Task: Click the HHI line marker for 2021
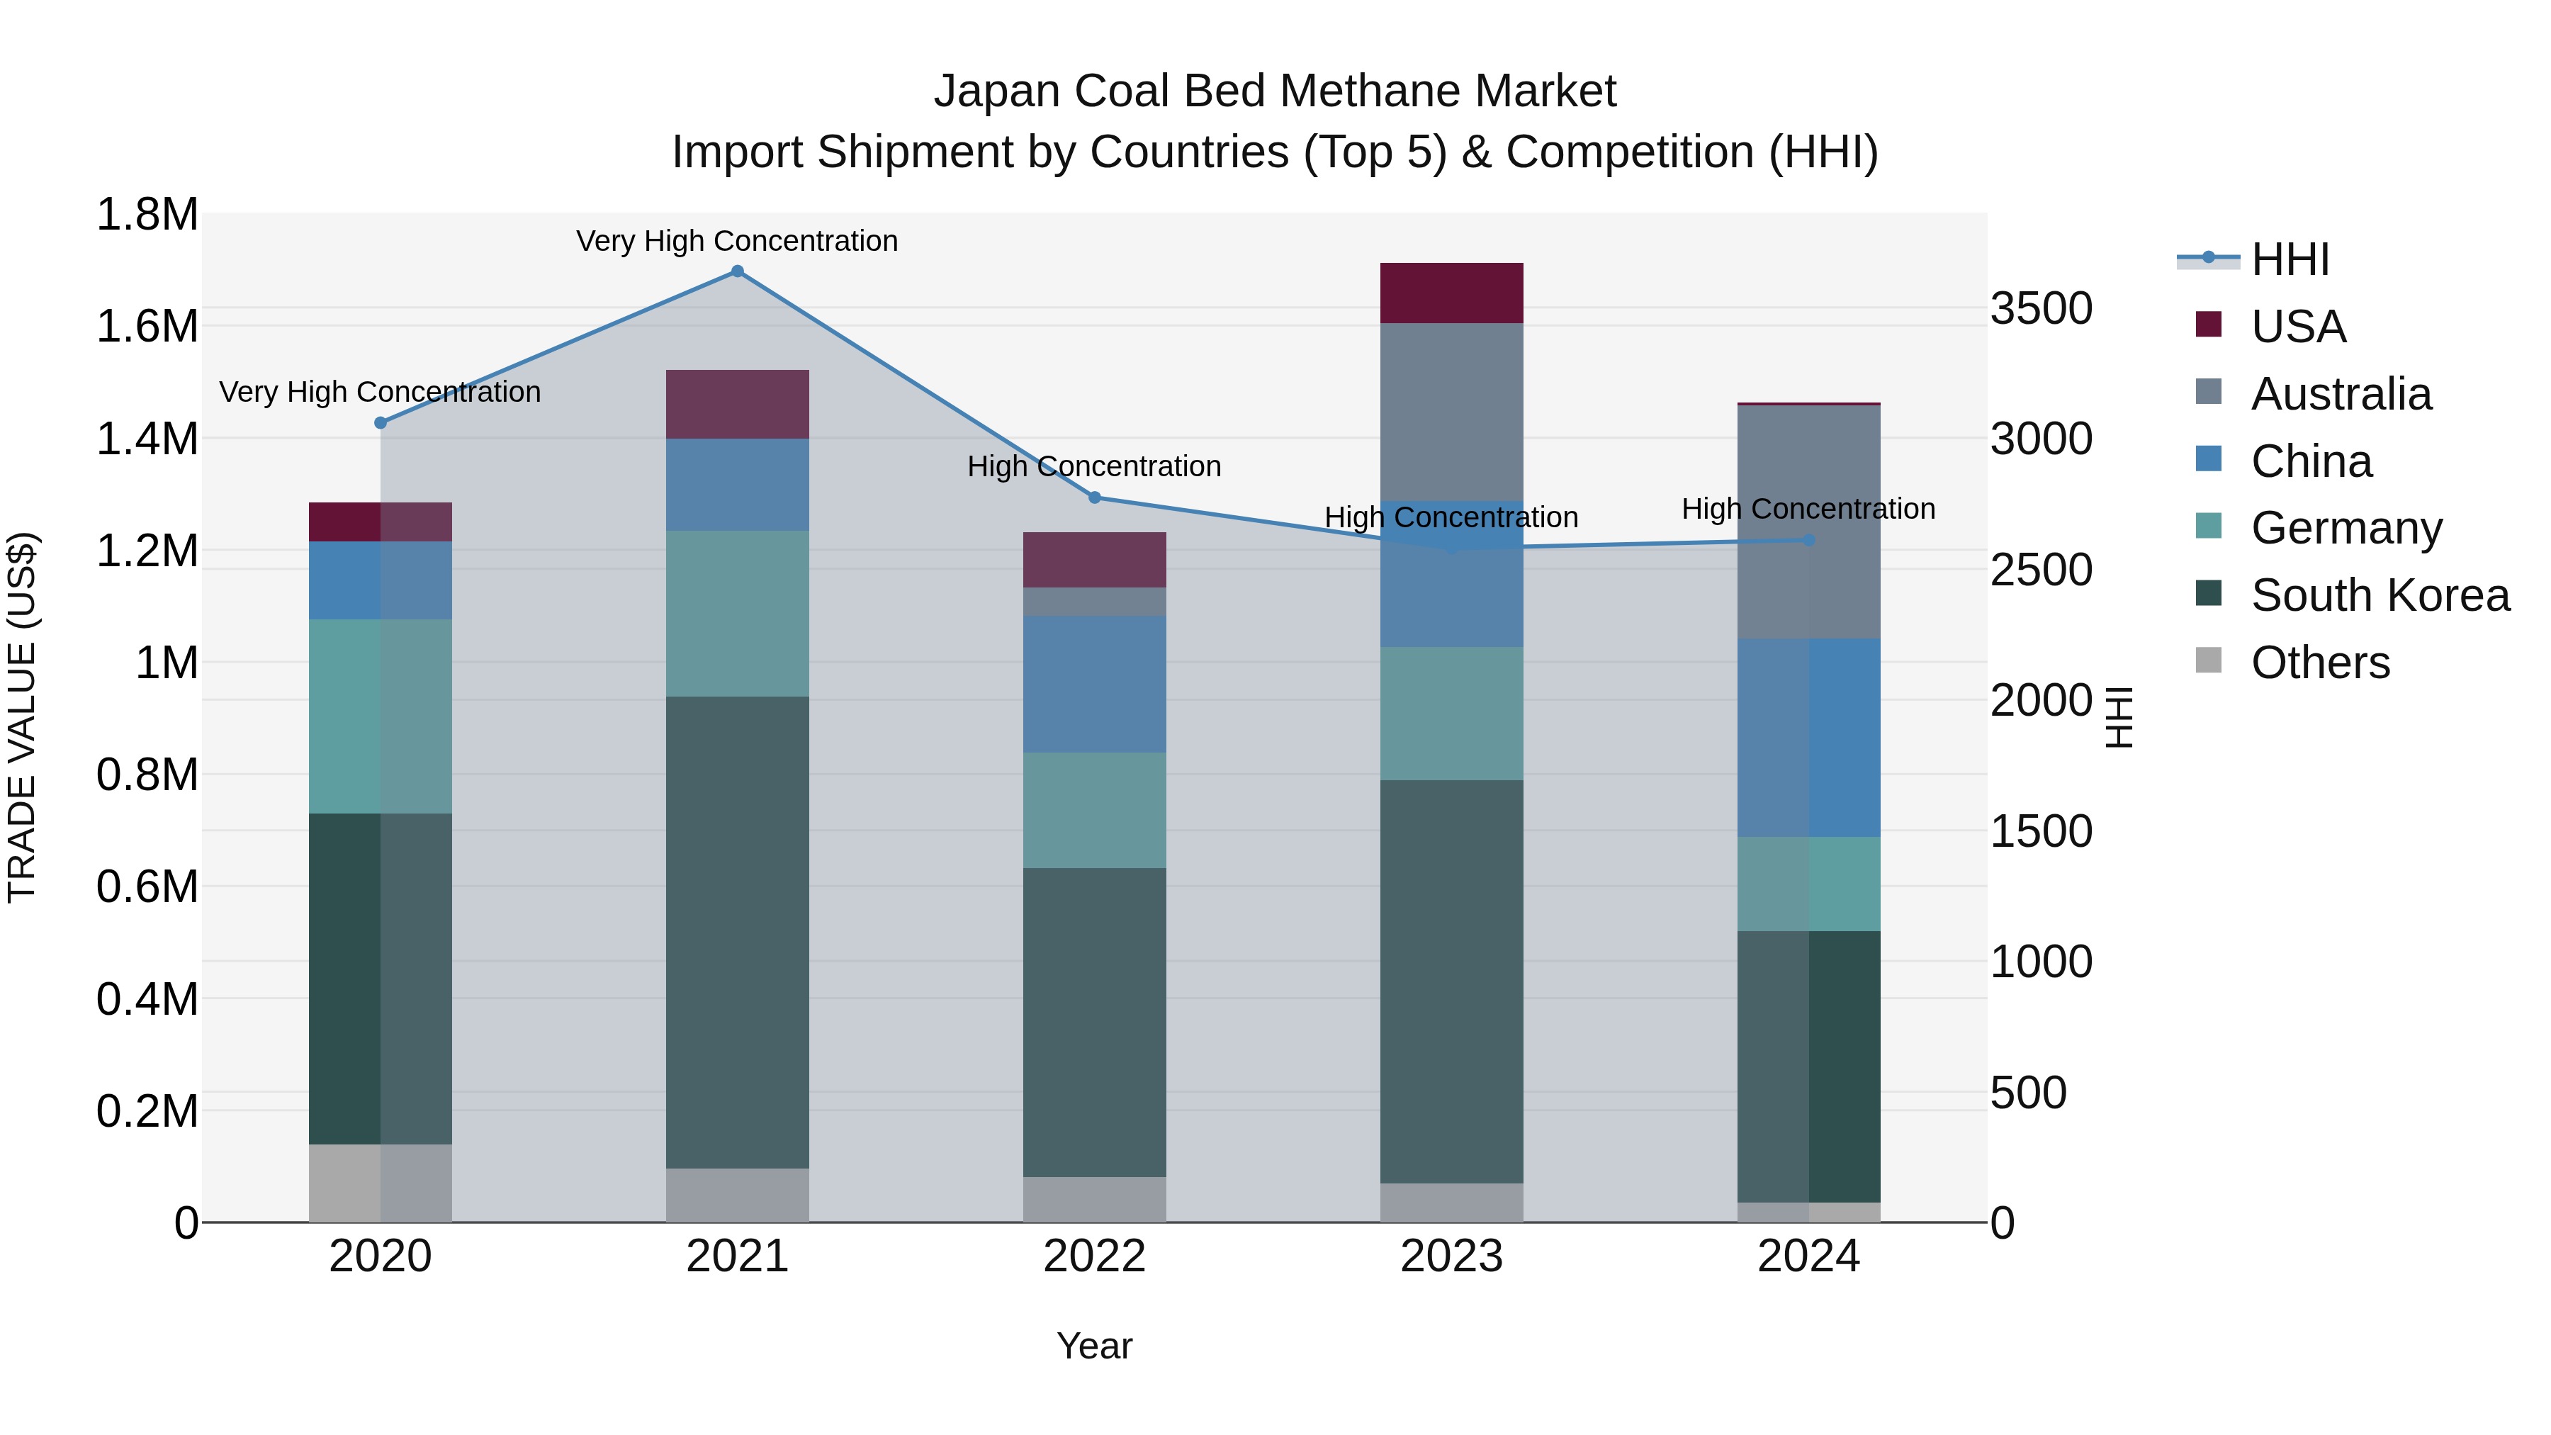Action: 737,271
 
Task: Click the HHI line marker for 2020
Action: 381,423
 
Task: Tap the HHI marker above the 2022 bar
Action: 1094,497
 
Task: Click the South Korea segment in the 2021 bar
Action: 737,931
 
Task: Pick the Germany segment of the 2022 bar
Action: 1094,810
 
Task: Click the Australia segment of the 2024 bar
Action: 1808,522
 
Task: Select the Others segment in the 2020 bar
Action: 381,1183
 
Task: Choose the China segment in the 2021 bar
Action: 737,484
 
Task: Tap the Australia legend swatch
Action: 2208,392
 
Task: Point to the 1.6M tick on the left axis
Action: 147,327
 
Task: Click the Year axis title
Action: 1094,1346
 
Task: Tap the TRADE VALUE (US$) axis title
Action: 22,717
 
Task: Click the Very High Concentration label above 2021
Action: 737,241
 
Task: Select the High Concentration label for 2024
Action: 1808,509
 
